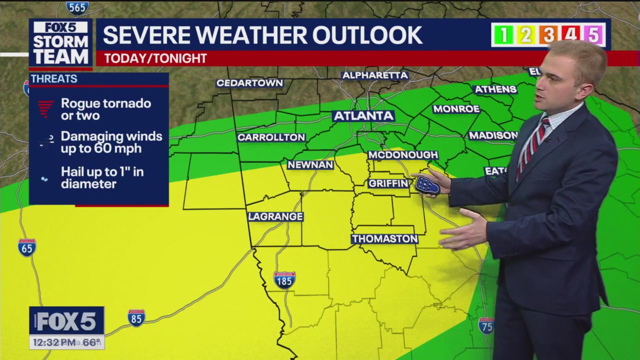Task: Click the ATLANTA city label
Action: click(363, 116)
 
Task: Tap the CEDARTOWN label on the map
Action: click(249, 83)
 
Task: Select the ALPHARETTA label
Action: click(375, 75)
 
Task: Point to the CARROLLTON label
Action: click(271, 137)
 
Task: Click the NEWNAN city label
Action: click(310, 164)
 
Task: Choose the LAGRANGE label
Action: click(275, 216)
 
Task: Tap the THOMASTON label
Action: click(384, 239)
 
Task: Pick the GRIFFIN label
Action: click(388, 183)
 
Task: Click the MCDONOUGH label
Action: click(403, 155)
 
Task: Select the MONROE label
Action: click(456, 109)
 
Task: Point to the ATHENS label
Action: click(495, 89)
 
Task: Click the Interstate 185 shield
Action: click(284, 280)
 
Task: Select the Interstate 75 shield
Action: click(485, 325)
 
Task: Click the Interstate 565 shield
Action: click(77, 7)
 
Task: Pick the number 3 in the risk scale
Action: click(548, 34)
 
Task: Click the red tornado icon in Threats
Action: click(45, 108)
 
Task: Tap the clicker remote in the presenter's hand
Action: click(427, 185)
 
